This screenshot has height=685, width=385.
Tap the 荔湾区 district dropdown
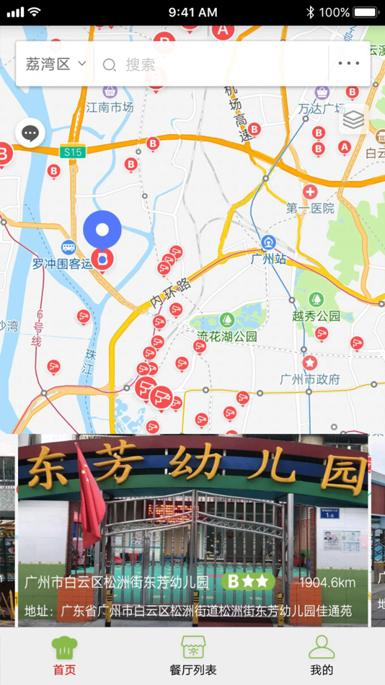click(x=56, y=64)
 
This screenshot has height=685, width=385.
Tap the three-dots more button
click(x=349, y=63)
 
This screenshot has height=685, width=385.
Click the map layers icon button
click(x=353, y=120)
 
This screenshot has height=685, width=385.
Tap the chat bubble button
click(x=30, y=133)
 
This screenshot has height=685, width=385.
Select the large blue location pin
click(x=102, y=230)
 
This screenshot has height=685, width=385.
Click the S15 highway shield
click(x=73, y=151)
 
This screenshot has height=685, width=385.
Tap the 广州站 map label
click(x=269, y=258)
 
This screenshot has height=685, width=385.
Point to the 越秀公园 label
click(x=316, y=315)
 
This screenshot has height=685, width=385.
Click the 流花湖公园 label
click(x=227, y=336)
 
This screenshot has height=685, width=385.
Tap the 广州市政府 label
click(x=310, y=379)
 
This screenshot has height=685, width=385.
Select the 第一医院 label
click(x=310, y=208)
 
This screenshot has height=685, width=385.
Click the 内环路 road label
click(x=172, y=293)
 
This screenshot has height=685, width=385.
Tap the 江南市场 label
click(x=110, y=107)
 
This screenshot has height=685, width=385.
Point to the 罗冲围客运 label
click(x=63, y=264)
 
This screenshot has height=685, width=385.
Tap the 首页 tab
click(x=64, y=655)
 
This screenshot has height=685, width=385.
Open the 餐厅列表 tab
click(x=192, y=655)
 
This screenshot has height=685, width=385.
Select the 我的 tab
click(x=322, y=655)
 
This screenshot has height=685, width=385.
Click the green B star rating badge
click(x=249, y=581)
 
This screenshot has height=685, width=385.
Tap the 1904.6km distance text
click(x=327, y=583)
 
